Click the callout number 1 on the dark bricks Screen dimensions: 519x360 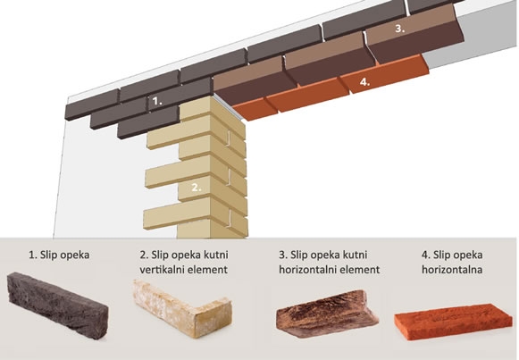pyautogui.click(x=157, y=101)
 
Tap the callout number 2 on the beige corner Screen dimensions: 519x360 pyautogui.click(x=197, y=188)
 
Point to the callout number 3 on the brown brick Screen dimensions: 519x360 pyautogui.click(x=400, y=29)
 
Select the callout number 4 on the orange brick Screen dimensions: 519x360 pyautogui.click(x=364, y=82)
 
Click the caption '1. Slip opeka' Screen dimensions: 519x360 pyautogui.click(x=59, y=255)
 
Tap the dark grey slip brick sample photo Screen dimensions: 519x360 pyautogui.click(x=57, y=305)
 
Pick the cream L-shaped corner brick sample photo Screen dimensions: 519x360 pyautogui.click(x=181, y=308)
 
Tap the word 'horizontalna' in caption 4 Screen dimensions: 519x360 pyautogui.click(x=452, y=270)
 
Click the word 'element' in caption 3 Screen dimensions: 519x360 pyautogui.click(x=363, y=270)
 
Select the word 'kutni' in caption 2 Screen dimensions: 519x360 pyautogui.click(x=216, y=255)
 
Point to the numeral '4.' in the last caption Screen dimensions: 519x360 pyautogui.click(x=426, y=255)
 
